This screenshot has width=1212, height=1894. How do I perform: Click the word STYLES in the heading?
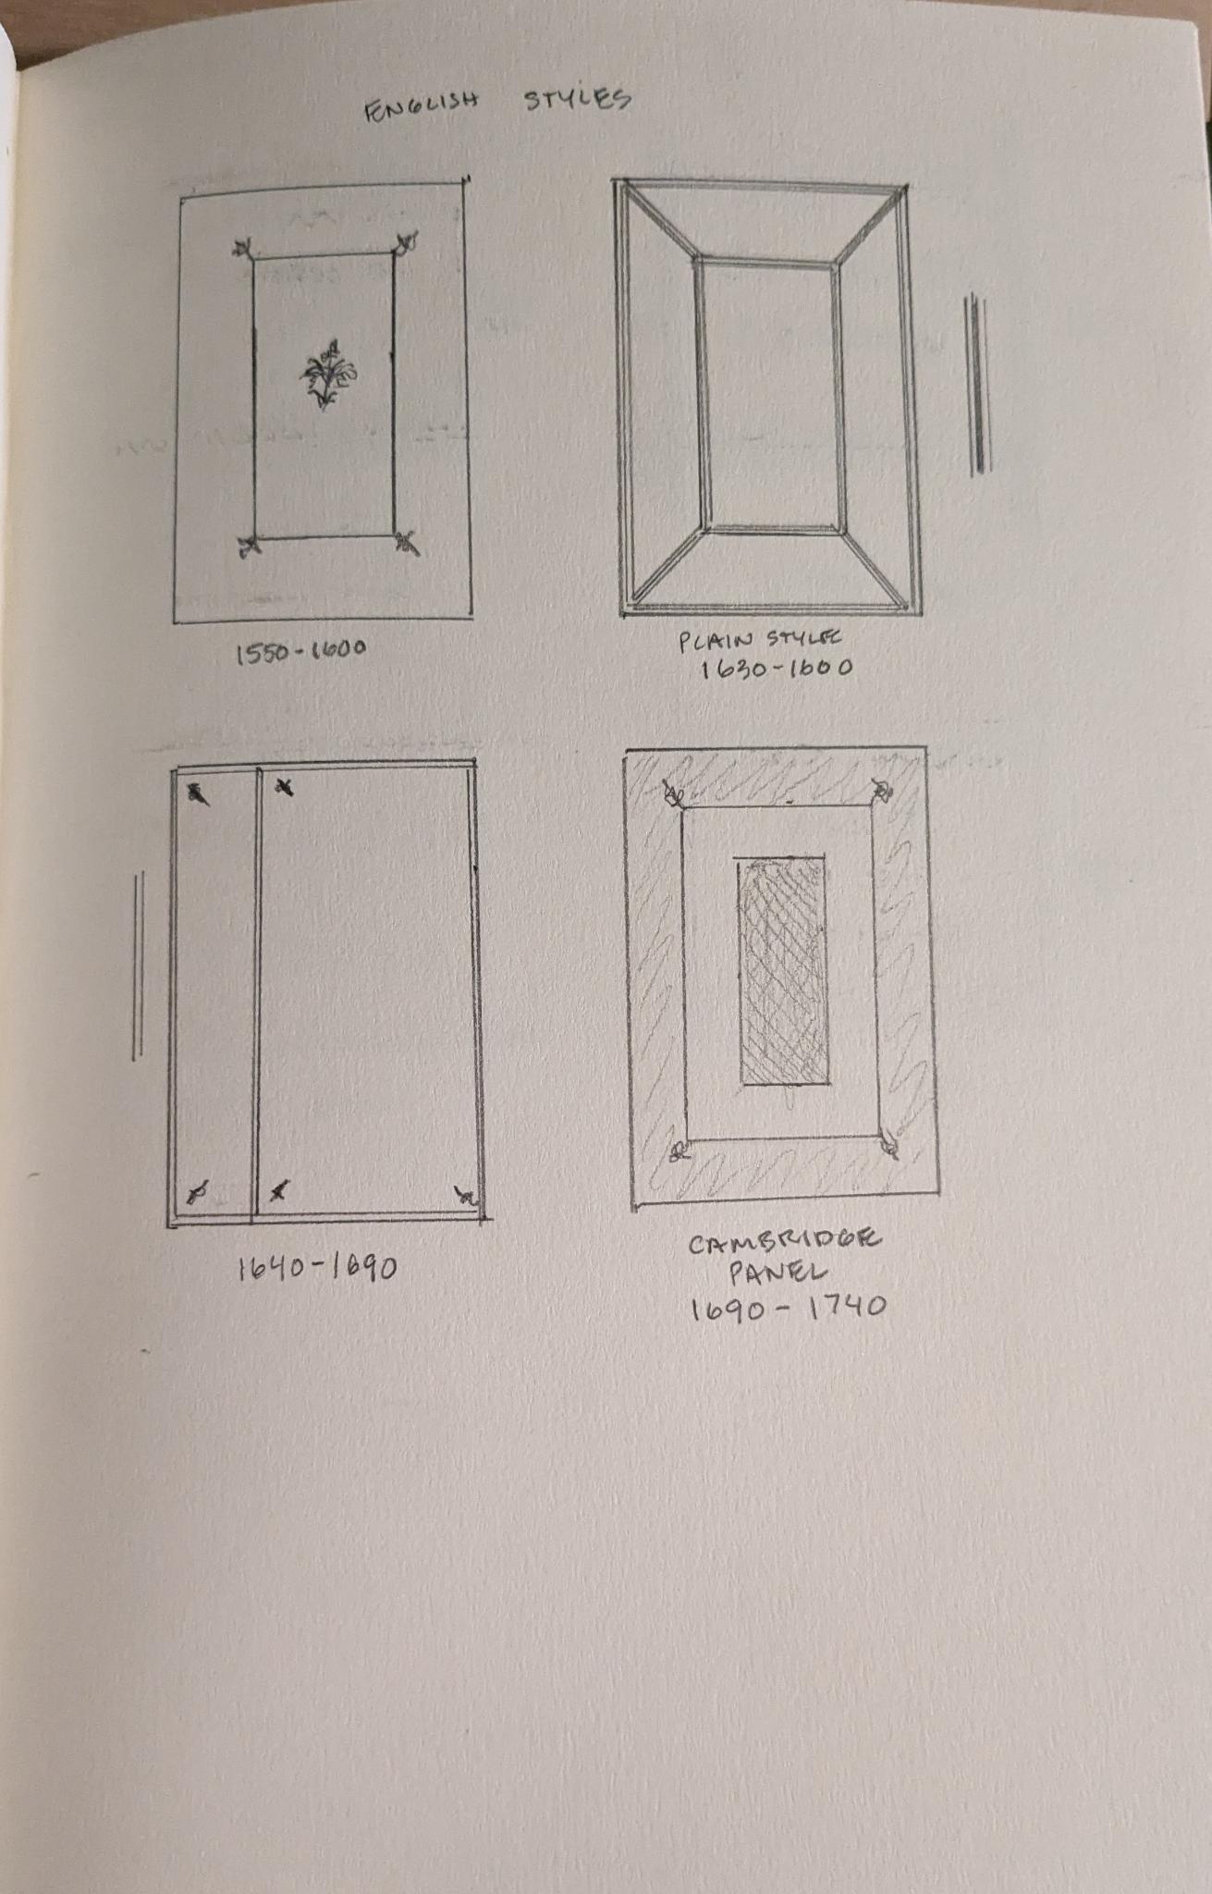pos(578,98)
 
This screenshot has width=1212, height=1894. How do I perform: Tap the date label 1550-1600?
pos(301,653)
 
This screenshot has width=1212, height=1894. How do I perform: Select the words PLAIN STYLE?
pos(761,639)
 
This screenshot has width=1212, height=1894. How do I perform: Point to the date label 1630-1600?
pos(776,668)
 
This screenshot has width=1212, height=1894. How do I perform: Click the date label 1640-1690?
pos(317,1266)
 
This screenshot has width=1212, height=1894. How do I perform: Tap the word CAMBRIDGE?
pos(785,1242)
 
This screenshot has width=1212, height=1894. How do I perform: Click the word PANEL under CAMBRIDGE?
pos(777,1273)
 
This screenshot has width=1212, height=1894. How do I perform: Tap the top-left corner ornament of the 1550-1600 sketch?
pos(244,250)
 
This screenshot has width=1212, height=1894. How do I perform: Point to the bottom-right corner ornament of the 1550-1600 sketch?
pos(406,543)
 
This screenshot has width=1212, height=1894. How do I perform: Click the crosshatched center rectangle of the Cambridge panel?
pos(782,971)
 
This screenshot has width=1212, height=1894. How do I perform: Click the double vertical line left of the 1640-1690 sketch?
pos(138,965)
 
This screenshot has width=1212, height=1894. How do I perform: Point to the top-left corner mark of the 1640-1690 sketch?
pos(197,793)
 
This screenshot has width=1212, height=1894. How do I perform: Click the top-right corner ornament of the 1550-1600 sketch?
pos(405,243)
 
